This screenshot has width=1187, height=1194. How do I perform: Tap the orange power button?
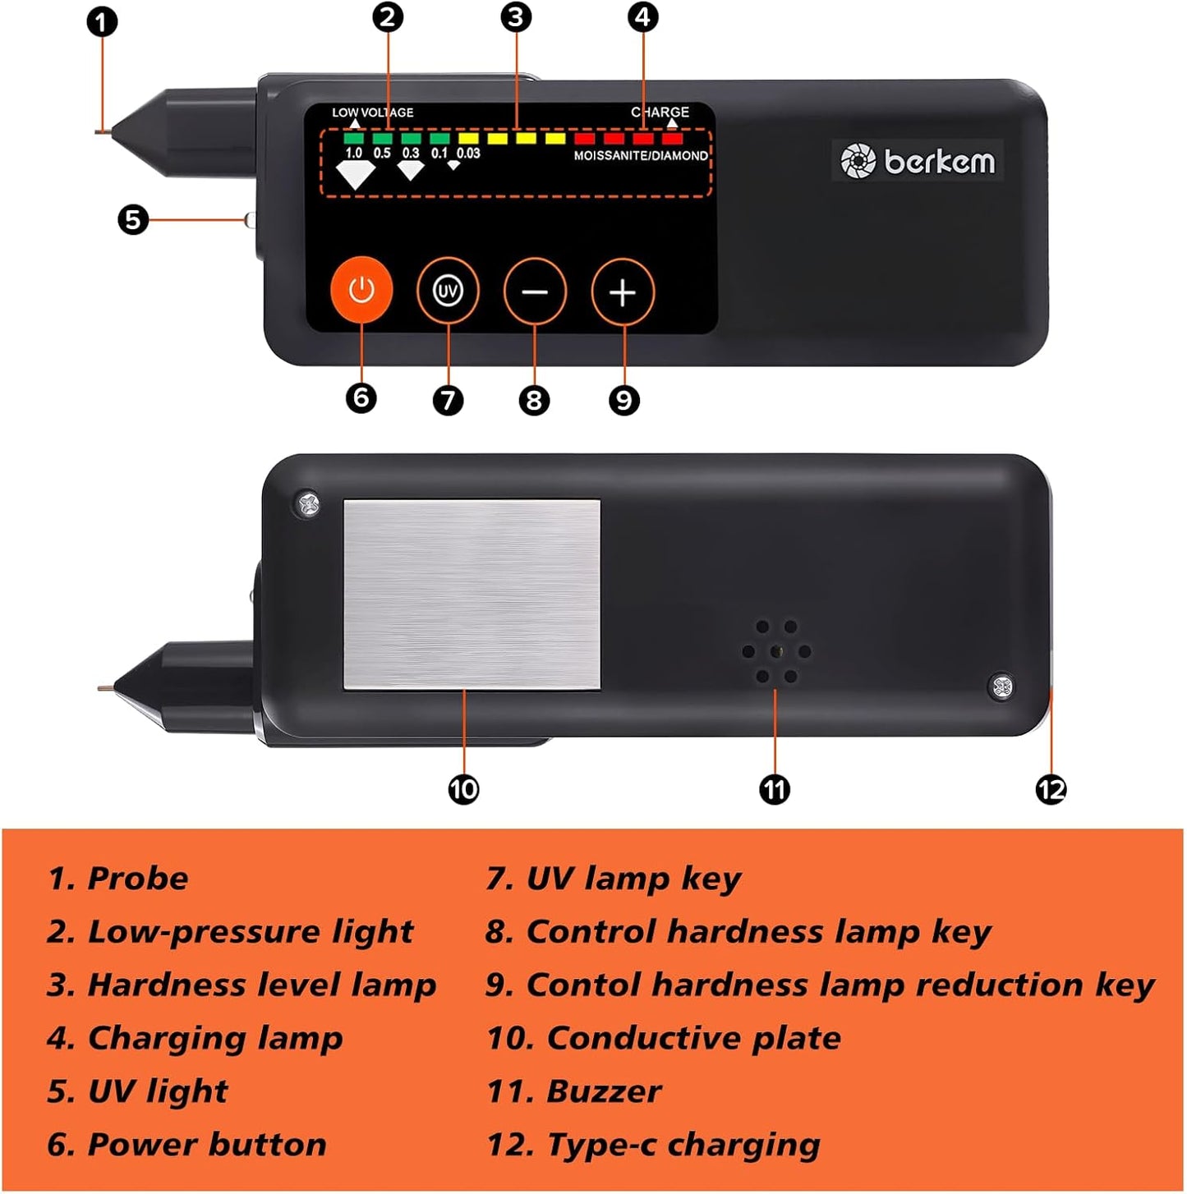point(361,290)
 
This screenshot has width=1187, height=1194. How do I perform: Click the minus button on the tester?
point(534,292)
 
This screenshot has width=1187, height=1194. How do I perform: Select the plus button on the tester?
point(623,292)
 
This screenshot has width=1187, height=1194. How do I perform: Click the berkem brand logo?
point(917,160)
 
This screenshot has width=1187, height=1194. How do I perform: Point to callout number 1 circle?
point(103,22)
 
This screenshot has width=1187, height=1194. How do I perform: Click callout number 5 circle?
point(133,220)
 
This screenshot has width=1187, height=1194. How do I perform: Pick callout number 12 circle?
point(1051,790)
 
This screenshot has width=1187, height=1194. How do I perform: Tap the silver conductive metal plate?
point(472,595)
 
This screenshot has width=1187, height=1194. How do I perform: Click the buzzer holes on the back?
point(776,652)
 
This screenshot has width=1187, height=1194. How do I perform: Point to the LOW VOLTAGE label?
point(372,113)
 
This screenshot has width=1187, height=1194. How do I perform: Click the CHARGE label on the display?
point(660,112)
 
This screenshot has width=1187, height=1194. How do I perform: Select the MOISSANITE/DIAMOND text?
point(640,155)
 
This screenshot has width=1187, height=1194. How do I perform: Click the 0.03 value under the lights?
point(468,153)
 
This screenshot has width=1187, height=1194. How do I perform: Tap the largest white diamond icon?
point(355,174)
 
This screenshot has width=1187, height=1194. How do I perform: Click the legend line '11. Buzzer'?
point(574,1091)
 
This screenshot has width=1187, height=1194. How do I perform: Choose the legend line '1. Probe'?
point(117,878)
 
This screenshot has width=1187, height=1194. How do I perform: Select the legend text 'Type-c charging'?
point(683,1145)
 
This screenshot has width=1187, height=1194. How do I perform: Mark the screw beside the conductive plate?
point(308,504)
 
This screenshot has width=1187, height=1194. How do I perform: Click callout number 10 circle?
point(463,789)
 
